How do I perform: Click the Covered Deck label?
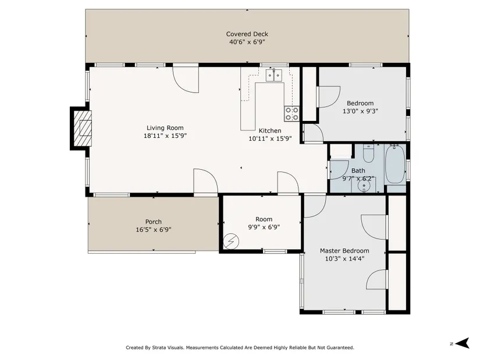click(247, 34)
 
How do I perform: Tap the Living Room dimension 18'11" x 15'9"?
click(165, 136)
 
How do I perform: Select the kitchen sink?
click(274, 75)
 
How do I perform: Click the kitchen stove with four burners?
click(291, 113)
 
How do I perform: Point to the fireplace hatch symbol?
click(83, 129)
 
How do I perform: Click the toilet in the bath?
click(368, 154)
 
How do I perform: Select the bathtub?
click(395, 164)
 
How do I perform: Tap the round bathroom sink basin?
click(364, 186)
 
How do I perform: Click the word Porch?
click(154, 222)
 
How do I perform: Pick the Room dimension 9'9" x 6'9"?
click(264, 227)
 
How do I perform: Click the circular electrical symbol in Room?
click(231, 241)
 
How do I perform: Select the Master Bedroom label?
click(344, 251)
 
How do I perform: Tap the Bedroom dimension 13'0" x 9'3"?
click(360, 111)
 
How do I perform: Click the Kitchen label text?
click(270, 131)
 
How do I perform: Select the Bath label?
click(358, 170)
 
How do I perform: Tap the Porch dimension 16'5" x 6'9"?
click(154, 230)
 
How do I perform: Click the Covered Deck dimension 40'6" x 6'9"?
click(247, 42)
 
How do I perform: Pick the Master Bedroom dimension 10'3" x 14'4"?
click(344, 259)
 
